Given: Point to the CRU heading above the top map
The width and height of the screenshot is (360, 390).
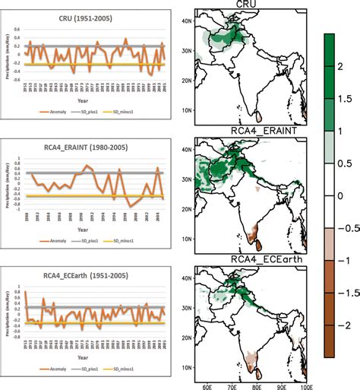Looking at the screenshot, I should pos(249,5).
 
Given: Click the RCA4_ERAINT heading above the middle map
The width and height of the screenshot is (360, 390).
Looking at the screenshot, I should pos(249,132).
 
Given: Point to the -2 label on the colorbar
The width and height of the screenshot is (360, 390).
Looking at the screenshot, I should pos(346,325).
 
